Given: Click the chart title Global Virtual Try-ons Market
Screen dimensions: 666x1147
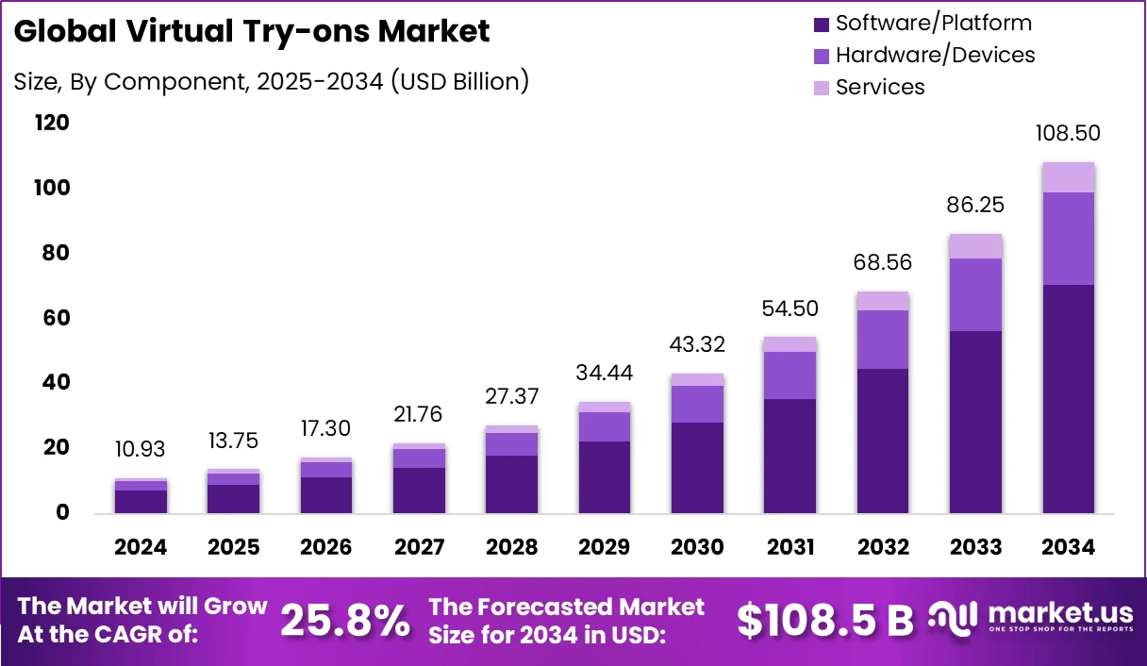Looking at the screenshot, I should [x=252, y=32].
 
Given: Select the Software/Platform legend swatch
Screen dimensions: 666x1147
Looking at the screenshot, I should [x=820, y=24].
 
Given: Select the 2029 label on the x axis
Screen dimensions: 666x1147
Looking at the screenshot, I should [x=604, y=548].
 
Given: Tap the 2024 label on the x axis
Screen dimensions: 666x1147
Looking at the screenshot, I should [x=141, y=548].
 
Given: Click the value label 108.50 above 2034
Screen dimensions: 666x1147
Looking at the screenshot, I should [x=1069, y=133].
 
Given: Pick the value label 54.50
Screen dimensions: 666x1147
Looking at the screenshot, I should [x=790, y=308].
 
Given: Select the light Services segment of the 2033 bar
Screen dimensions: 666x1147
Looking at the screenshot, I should [x=975, y=246].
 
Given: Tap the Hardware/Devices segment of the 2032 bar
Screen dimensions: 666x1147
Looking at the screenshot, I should [x=883, y=340].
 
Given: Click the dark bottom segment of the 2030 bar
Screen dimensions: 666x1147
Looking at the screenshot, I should [x=697, y=467].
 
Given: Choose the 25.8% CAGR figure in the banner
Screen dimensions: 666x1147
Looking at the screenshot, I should [x=345, y=621].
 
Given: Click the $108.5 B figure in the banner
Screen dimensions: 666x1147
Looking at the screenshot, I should [x=824, y=621].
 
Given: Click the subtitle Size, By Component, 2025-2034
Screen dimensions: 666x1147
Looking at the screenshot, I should [x=271, y=82].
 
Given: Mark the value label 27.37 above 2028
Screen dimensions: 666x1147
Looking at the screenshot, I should [x=511, y=396].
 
